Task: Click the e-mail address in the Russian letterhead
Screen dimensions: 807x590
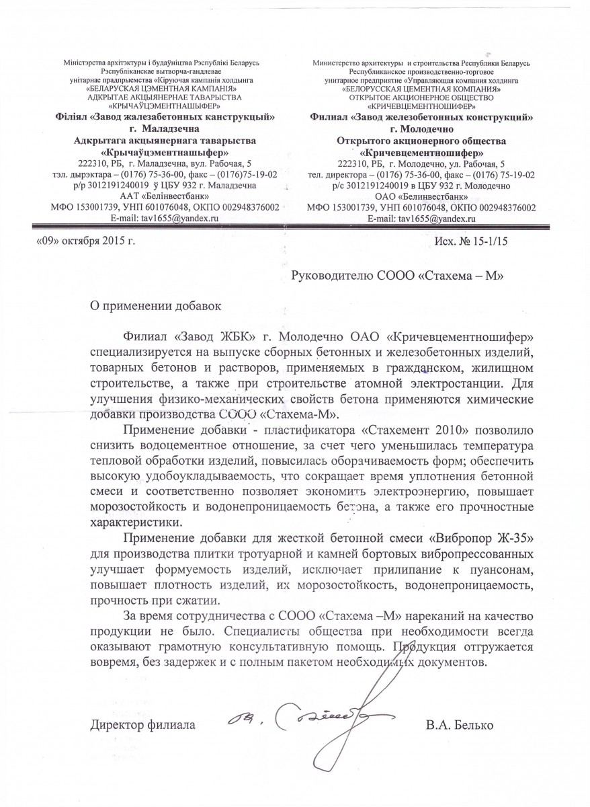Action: point(421,219)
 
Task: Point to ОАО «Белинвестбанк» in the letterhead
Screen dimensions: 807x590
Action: point(422,196)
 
